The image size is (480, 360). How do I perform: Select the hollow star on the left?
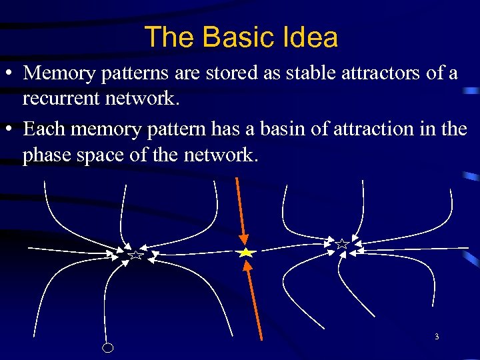(x=135, y=254)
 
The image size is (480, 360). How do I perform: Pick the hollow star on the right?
(x=342, y=244)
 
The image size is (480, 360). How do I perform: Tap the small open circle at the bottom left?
(x=108, y=347)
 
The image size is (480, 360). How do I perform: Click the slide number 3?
(x=437, y=337)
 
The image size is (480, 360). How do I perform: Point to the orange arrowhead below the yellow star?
(x=247, y=266)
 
